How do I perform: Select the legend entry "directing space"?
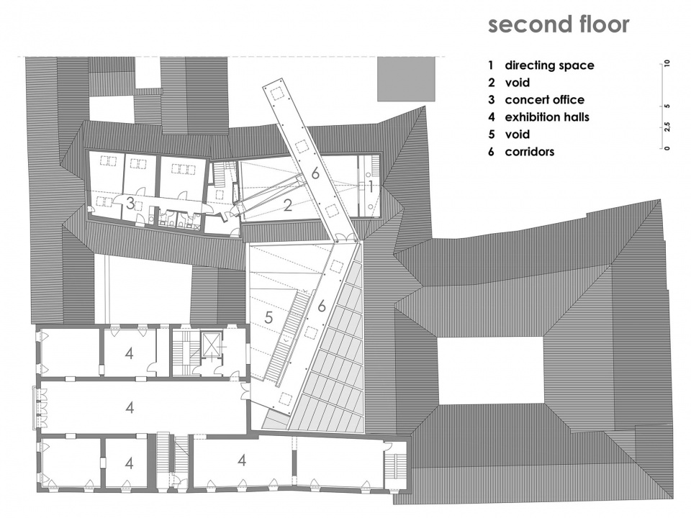point(549,65)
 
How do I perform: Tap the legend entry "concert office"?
point(544,99)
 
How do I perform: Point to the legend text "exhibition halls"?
point(547,117)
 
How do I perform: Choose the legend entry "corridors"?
point(529,152)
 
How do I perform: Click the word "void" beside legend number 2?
point(518,82)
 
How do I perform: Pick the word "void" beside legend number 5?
point(518,135)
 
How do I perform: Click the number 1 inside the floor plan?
point(371,187)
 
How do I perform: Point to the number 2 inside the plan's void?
point(288,205)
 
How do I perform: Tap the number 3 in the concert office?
point(130,204)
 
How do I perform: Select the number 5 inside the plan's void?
point(268,317)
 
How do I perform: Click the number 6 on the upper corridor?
point(315,173)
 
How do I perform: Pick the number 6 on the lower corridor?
point(322,305)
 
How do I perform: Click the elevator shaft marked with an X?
point(212,345)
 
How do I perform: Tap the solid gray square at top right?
point(406,79)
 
